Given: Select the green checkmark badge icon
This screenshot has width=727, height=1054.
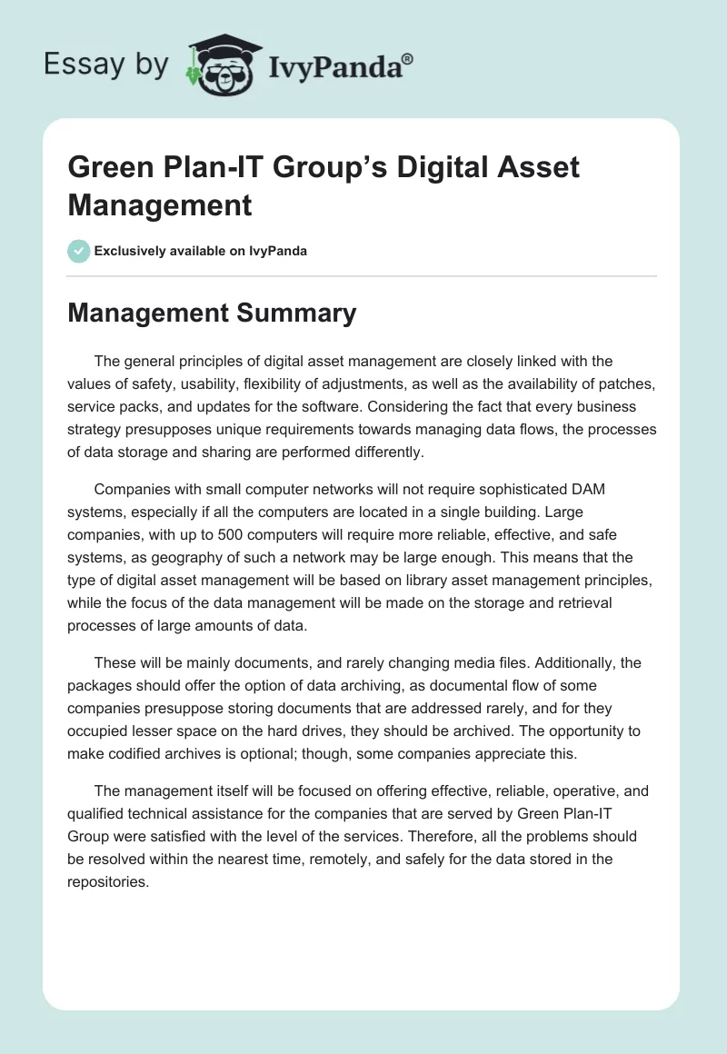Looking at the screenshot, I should tap(79, 251).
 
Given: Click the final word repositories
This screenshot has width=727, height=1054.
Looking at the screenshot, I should tap(107, 882).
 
